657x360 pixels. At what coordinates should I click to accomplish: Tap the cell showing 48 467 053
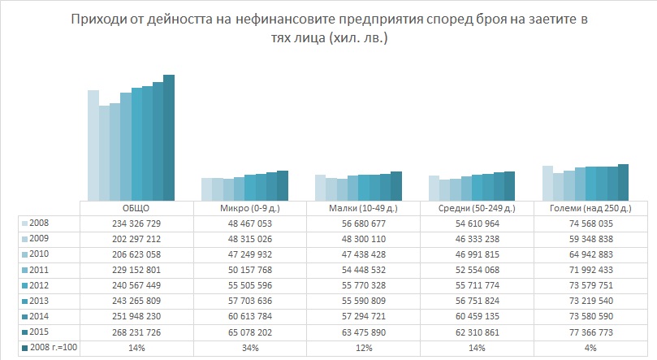[x=250, y=223]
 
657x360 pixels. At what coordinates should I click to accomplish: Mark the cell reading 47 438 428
[x=364, y=254]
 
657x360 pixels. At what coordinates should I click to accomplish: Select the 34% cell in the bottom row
[x=250, y=349]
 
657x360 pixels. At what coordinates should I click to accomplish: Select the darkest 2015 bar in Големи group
[x=623, y=181]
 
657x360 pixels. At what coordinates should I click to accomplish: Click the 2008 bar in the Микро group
[x=207, y=189]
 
